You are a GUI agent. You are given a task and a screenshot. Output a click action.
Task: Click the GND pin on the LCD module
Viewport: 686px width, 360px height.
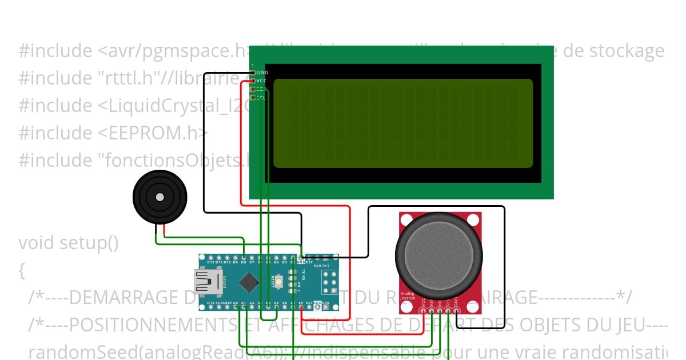(253, 73)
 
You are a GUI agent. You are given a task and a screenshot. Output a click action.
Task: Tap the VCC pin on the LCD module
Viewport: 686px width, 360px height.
(253, 81)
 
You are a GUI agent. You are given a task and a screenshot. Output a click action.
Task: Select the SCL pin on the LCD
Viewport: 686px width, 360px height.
(253, 97)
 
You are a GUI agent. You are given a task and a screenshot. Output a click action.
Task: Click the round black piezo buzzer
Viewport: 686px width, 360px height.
(159, 197)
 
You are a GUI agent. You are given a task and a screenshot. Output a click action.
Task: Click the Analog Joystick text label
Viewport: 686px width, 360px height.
(407, 296)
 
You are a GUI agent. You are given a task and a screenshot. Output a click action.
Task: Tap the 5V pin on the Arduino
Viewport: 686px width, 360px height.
(301, 306)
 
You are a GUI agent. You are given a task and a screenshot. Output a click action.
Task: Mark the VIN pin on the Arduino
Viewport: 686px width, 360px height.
(325, 306)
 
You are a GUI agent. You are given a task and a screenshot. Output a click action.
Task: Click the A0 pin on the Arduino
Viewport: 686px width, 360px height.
(236, 306)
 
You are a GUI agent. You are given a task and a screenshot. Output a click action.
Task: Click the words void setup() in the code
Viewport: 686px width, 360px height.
(69, 243)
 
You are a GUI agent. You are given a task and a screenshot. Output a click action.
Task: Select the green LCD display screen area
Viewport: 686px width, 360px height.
(403, 123)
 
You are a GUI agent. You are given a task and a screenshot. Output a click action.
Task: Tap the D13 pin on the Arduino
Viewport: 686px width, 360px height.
(212, 306)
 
